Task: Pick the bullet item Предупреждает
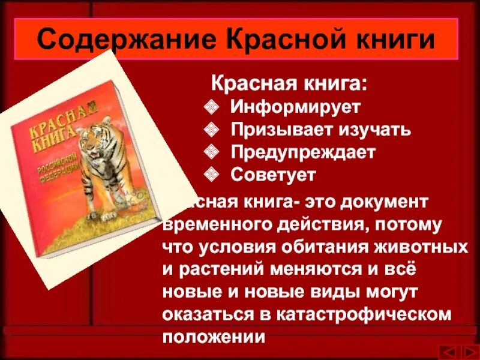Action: tap(303, 152)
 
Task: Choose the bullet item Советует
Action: tap(273, 175)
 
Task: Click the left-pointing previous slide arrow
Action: tap(447, 350)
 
